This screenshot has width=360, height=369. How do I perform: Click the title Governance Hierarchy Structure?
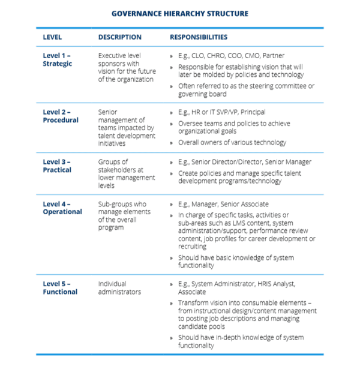point(180,13)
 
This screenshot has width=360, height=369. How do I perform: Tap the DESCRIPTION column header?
point(120,37)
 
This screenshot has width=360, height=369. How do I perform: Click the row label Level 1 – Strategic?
point(58,59)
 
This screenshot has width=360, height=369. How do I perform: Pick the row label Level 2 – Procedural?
point(61,116)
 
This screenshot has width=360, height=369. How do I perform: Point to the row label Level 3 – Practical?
point(59,166)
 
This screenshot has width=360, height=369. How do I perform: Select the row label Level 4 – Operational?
point(62,208)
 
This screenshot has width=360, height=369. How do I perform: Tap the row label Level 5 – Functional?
point(60,287)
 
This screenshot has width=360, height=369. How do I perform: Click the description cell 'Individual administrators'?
point(119,287)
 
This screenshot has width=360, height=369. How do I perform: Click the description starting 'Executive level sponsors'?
point(127,67)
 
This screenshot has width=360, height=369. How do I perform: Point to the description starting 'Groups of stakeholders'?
point(126,173)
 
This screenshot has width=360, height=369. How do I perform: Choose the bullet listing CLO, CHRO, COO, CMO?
point(231,56)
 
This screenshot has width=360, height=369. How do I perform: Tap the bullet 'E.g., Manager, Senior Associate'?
point(223,204)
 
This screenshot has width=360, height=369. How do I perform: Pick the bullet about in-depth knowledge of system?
point(241,341)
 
